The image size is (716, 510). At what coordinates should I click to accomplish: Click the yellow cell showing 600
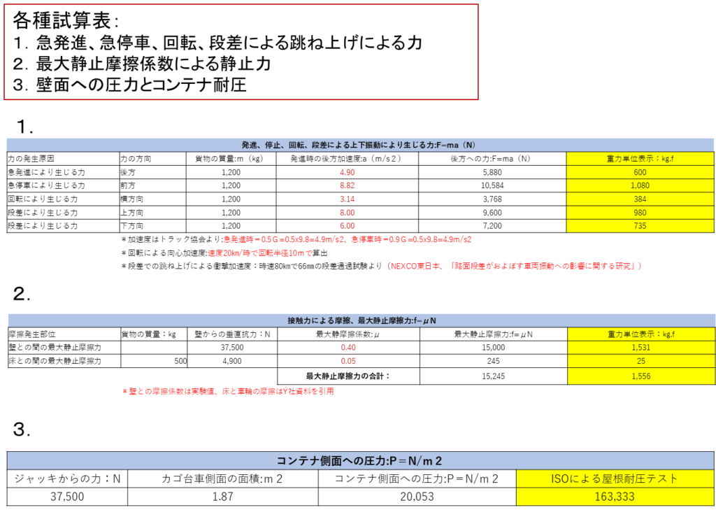coord(640,172)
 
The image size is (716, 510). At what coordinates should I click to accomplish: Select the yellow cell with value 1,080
coord(640,185)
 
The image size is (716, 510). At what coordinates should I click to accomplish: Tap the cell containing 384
coord(640,199)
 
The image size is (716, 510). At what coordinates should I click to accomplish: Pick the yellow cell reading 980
coord(640,212)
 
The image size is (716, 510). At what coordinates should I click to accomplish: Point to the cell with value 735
coord(640,226)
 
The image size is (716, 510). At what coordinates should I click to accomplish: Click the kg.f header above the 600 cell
coord(640,159)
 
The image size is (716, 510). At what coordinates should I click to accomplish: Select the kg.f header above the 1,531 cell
coord(640,334)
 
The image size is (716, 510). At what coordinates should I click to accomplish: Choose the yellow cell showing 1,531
coord(640,348)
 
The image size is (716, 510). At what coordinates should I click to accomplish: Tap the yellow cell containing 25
coord(640,361)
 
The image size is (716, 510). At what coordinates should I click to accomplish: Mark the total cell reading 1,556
coord(640,376)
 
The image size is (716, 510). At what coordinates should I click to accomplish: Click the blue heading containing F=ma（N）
coord(360,145)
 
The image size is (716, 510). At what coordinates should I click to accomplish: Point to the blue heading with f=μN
coord(361,320)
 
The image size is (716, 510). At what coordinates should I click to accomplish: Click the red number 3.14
coord(348,199)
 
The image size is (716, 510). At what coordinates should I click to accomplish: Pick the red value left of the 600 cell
coord(348,172)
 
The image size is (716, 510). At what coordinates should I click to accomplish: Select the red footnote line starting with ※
coord(228,392)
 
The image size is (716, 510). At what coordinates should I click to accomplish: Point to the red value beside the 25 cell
coord(348,361)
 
